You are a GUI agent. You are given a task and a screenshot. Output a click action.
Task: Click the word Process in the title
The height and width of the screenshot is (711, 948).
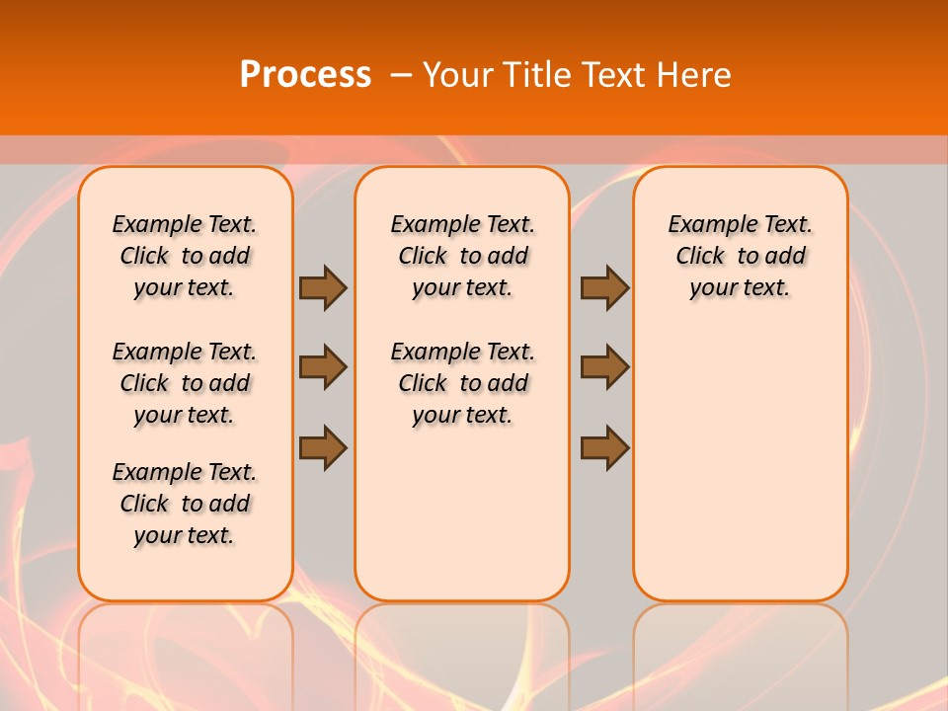tap(305, 75)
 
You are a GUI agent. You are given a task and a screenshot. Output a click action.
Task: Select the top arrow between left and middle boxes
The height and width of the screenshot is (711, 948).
tap(323, 287)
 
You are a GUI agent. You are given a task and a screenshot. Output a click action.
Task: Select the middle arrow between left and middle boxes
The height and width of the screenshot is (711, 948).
tap(323, 367)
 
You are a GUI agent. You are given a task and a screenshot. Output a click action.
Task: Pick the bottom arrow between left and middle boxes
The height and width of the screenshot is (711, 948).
tap(323, 447)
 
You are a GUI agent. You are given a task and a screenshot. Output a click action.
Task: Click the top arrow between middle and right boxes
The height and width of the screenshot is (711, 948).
tap(604, 287)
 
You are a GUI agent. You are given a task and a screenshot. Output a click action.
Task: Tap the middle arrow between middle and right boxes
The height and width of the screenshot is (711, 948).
tap(604, 367)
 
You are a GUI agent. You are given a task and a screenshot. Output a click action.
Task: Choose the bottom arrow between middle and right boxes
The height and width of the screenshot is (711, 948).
tap(604, 447)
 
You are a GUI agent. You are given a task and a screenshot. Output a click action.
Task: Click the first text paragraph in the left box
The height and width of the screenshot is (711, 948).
tap(185, 256)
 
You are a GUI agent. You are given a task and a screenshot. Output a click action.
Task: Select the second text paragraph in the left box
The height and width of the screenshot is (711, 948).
tap(185, 383)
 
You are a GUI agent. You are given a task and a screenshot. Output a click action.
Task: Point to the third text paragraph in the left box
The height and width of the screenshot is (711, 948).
tap(185, 504)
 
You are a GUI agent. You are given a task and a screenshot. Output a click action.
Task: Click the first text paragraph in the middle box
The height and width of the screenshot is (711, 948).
tap(462, 256)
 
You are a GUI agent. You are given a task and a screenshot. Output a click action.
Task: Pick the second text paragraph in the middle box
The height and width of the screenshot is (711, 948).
tap(462, 383)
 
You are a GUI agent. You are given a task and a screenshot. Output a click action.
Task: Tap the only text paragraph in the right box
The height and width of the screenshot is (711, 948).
tap(740, 256)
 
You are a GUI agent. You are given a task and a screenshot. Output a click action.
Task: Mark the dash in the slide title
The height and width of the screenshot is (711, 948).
tap(401, 75)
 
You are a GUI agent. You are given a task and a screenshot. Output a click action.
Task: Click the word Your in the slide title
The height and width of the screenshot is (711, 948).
tap(457, 75)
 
